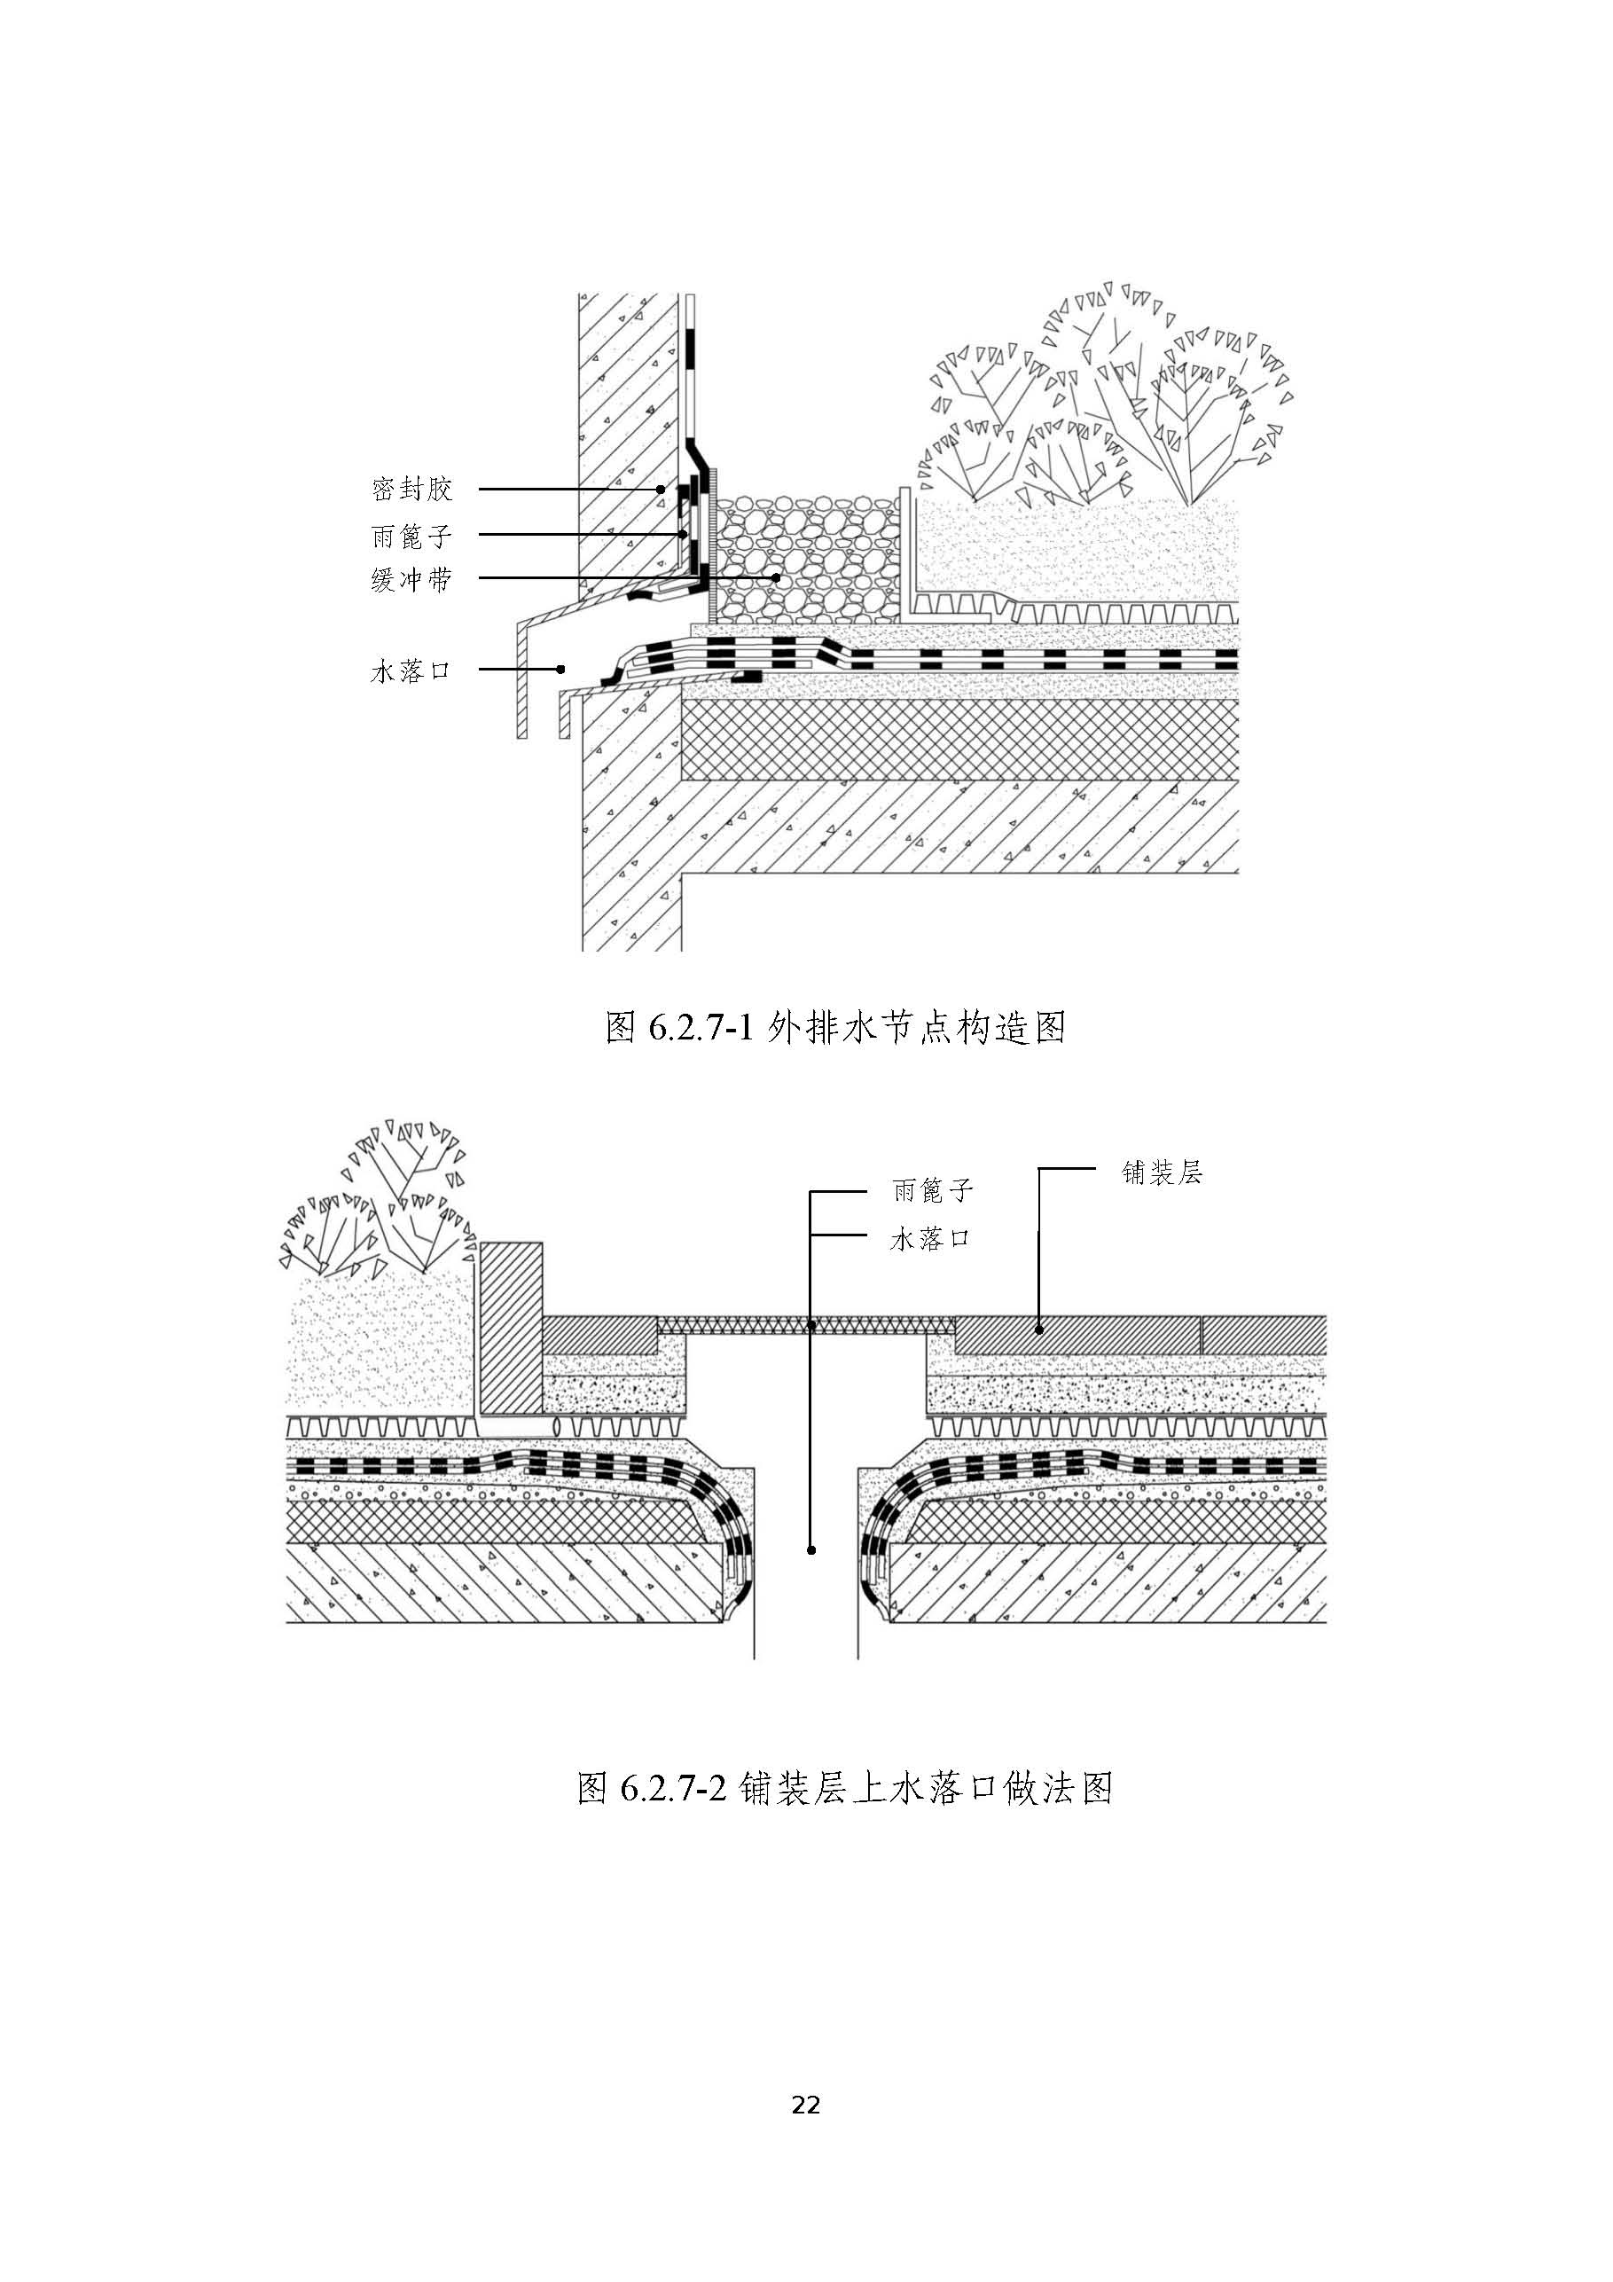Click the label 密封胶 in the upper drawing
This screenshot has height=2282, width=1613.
411,490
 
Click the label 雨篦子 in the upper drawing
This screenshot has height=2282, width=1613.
411,536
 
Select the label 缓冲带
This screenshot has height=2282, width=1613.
411,579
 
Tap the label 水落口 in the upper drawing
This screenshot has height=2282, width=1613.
411,670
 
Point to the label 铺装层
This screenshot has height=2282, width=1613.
1162,1172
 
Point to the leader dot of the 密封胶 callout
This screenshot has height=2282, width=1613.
660,490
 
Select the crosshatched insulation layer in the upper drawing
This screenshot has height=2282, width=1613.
954,740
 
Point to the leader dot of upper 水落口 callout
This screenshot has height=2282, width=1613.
561,669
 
